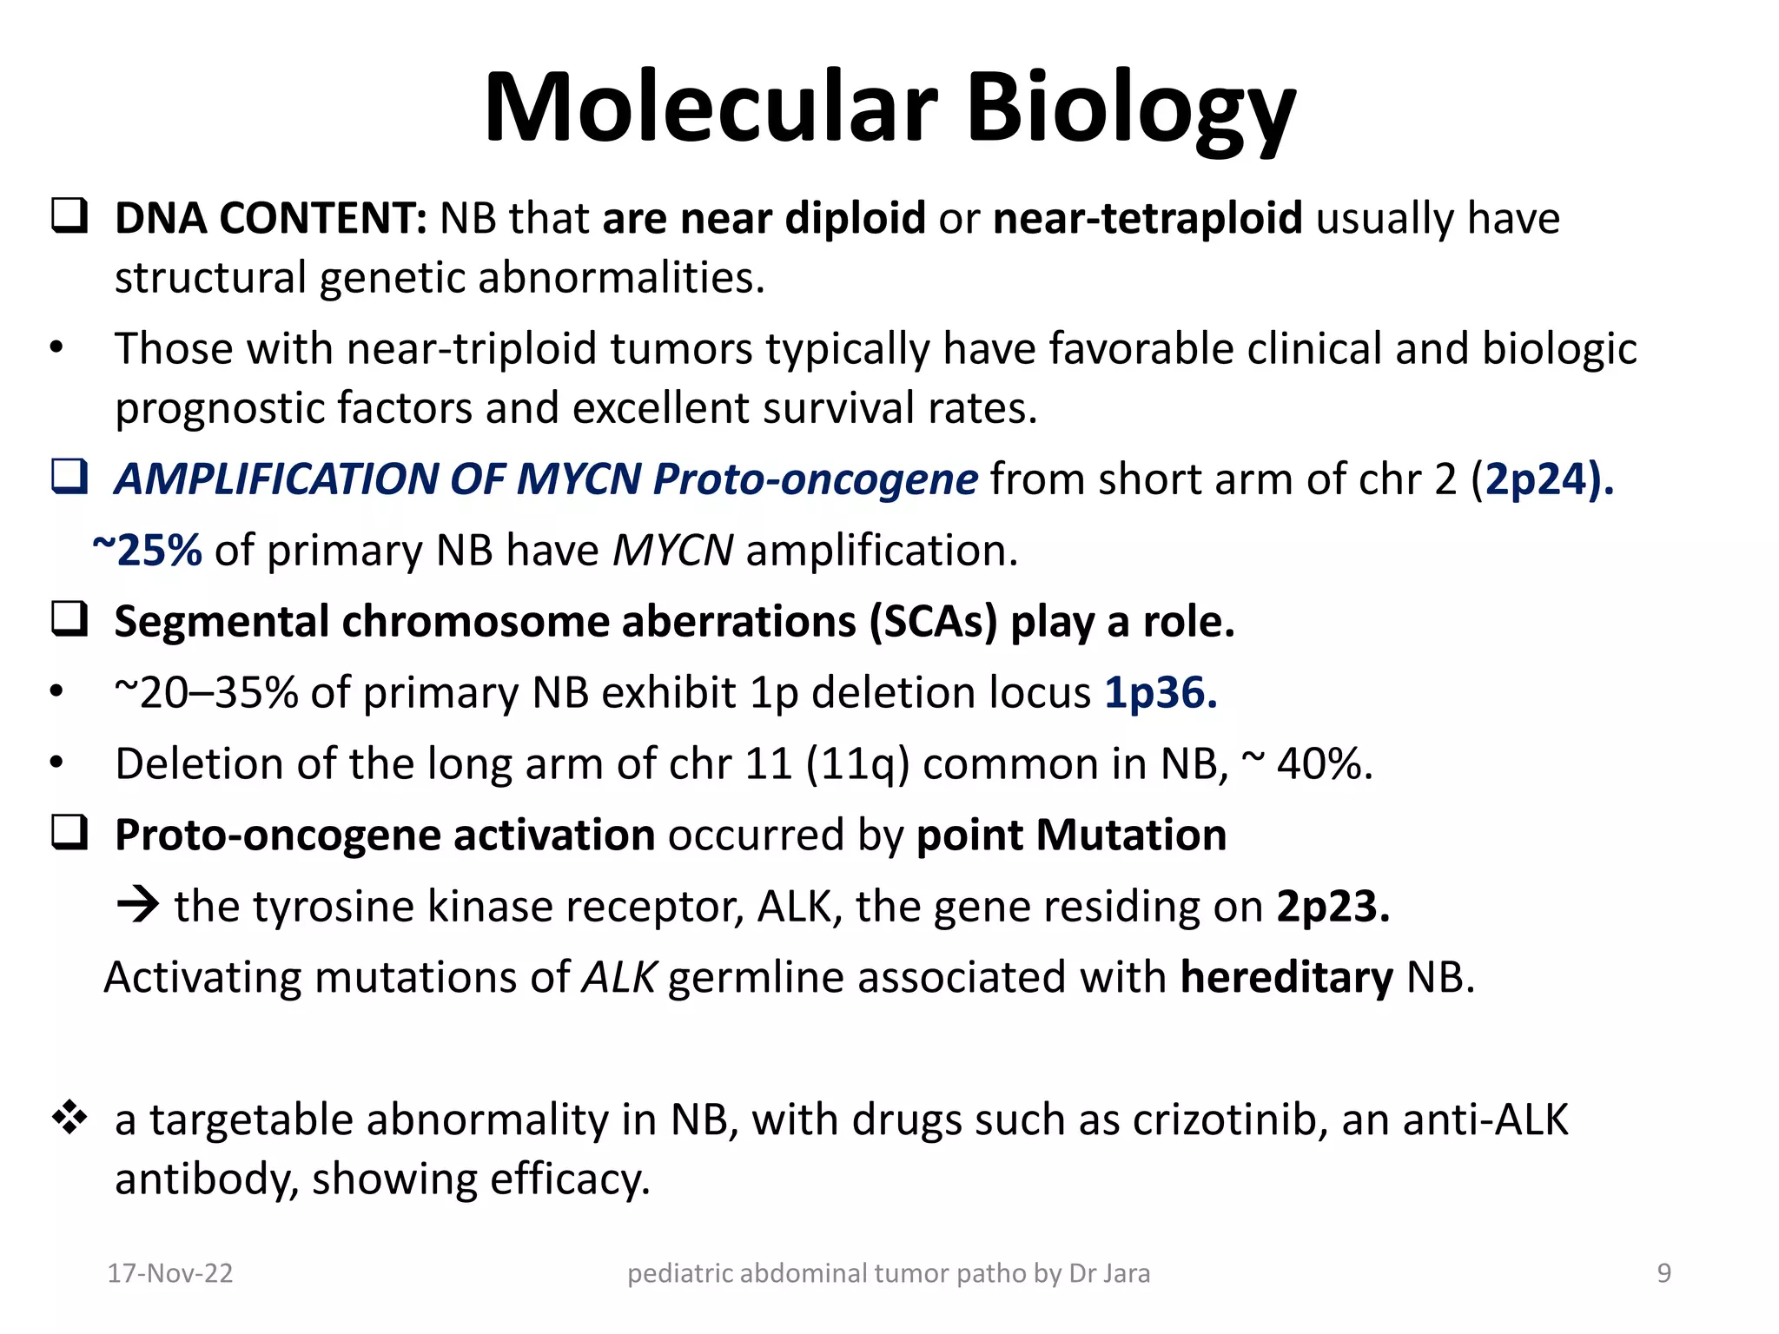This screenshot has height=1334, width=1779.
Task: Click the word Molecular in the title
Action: (711, 109)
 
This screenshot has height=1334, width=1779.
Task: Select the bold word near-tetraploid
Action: (1147, 218)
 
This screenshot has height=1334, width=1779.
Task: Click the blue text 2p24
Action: (1537, 479)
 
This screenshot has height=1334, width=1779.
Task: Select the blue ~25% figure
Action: (147, 551)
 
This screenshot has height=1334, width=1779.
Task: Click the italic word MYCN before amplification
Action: (672, 551)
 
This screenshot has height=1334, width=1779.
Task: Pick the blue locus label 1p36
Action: (1160, 693)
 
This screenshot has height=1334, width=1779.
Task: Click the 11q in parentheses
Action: (858, 765)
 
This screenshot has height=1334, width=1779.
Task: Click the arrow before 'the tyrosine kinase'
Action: (137, 906)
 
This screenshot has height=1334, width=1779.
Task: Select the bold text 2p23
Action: (1333, 907)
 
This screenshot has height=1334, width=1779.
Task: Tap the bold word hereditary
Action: (1286, 978)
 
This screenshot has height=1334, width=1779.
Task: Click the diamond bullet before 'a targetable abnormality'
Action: (69, 1118)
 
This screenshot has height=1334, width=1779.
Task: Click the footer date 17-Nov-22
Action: (169, 1273)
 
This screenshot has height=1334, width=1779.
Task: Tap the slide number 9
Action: (1663, 1273)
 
